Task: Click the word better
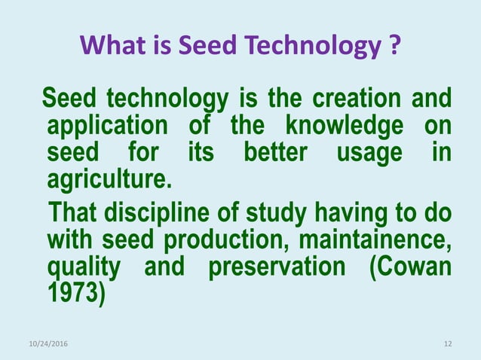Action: pyautogui.click(x=275, y=152)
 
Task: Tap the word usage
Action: pyautogui.click(x=369, y=154)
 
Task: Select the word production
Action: pyautogui.click(x=228, y=240)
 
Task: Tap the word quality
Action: pyautogui.click(x=83, y=267)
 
